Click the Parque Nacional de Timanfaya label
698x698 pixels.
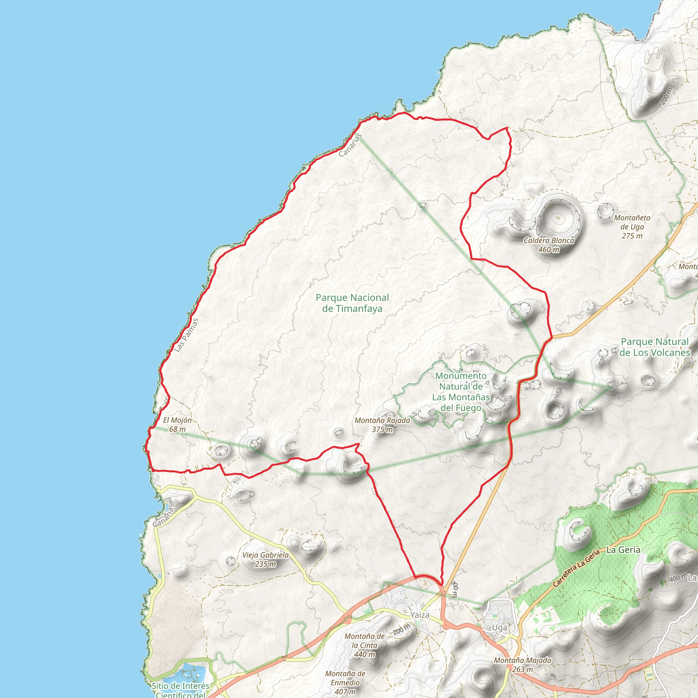tap(352, 303)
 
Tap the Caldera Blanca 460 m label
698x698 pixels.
tap(549, 245)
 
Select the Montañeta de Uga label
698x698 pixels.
tap(632, 227)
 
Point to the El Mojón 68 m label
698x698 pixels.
tap(177, 425)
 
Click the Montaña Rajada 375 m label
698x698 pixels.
tap(382, 425)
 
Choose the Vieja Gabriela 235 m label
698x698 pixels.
tap(265, 559)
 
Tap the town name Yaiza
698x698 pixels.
tap(420, 615)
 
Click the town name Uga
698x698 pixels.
tap(500, 627)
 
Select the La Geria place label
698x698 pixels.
tap(623, 550)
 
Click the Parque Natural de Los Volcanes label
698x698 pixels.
tap(655, 347)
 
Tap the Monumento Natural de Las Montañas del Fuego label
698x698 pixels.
tap(461, 392)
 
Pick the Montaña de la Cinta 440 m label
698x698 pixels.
tap(365, 645)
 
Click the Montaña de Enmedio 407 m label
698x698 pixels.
tap(345, 682)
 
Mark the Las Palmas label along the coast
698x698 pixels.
tap(186, 335)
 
